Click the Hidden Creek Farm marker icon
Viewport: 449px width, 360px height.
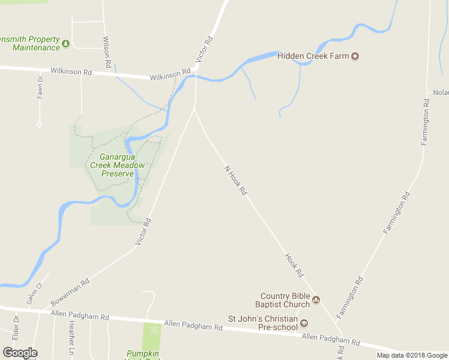tap(355, 56)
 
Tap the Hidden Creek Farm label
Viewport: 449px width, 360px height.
tap(313, 56)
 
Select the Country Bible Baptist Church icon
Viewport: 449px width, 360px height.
tap(316, 300)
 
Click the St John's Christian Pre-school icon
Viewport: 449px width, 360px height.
tap(304, 323)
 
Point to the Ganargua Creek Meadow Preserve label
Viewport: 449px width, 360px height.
tap(117, 165)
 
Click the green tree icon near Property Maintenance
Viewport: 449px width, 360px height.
tap(66, 43)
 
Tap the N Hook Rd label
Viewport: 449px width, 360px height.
tap(236, 180)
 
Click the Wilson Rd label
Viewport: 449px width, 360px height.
tap(107, 52)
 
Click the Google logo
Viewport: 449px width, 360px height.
tap(20, 353)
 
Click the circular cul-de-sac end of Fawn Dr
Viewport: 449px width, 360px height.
tap(39, 125)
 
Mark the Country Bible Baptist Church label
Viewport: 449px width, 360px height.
tap(282, 300)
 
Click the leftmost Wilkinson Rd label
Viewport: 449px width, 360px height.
tap(71, 71)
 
